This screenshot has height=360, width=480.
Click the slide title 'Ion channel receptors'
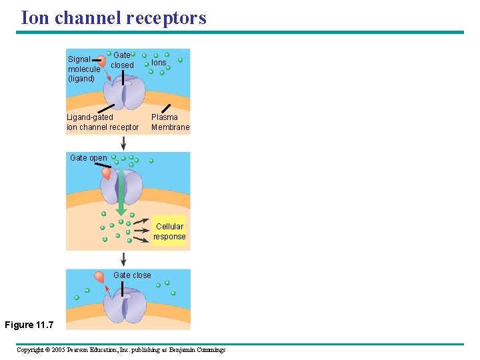pyautogui.click(x=113, y=17)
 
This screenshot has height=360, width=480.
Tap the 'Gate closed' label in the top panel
pyautogui.click(x=122, y=61)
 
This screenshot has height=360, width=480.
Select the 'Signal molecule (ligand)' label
pyautogui.click(x=84, y=69)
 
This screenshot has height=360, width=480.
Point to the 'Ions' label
pyautogui.click(x=159, y=63)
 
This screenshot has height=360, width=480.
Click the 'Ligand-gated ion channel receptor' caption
pyautogui.click(x=103, y=122)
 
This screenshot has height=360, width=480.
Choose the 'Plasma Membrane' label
pyautogui.click(x=170, y=122)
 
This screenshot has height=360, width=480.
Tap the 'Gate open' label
pyautogui.click(x=88, y=158)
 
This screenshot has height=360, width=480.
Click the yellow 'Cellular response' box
pyautogui.click(x=169, y=231)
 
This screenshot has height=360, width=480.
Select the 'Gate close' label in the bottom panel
pyautogui.click(x=132, y=275)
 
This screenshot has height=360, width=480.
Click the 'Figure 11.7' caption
pyautogui.click(x=29, y=325)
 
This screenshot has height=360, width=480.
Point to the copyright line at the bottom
pyautogui.click(x=121, y=350)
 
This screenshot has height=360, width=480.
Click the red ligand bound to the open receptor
pyautogui.click(x=106, y=173)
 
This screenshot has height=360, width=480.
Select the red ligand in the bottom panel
pyautogui.click(x=99, y=277)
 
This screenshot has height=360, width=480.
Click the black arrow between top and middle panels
pyautogui.click(x=123, y=143)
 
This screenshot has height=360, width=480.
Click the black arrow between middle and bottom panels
pyautogui.click(x=123, y=259)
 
